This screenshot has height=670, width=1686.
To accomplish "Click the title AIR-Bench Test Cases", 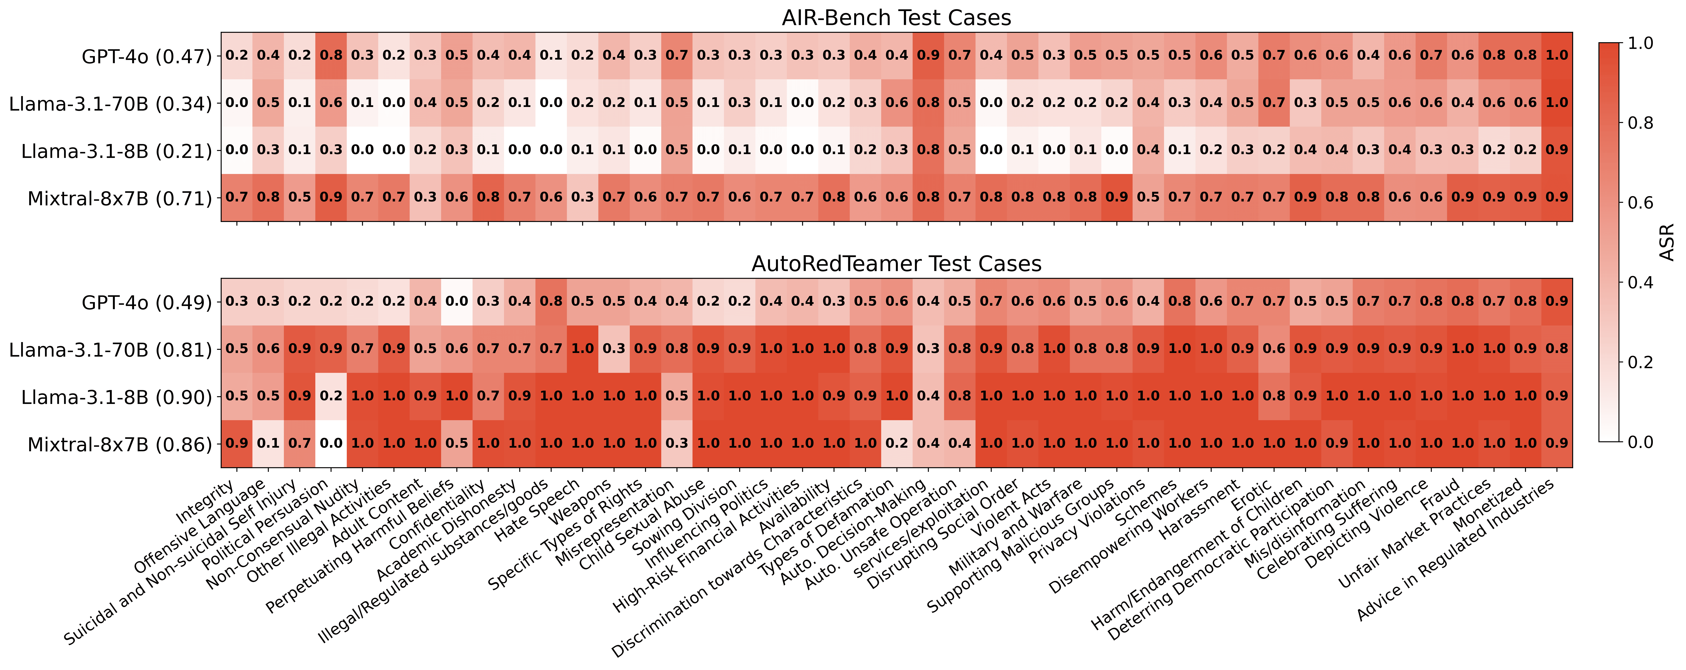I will [x=896, y=18].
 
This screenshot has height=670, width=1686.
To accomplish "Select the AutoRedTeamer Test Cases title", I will [x=896, y=264].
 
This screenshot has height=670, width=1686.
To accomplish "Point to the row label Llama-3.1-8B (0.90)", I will [x=116, y=397].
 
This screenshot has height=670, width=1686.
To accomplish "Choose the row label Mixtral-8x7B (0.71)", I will [x=120, y=198].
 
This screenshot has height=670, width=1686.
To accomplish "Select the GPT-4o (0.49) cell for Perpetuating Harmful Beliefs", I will [x=457, y=302].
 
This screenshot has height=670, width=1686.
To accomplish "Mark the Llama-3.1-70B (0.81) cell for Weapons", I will [x=614, y=349].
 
